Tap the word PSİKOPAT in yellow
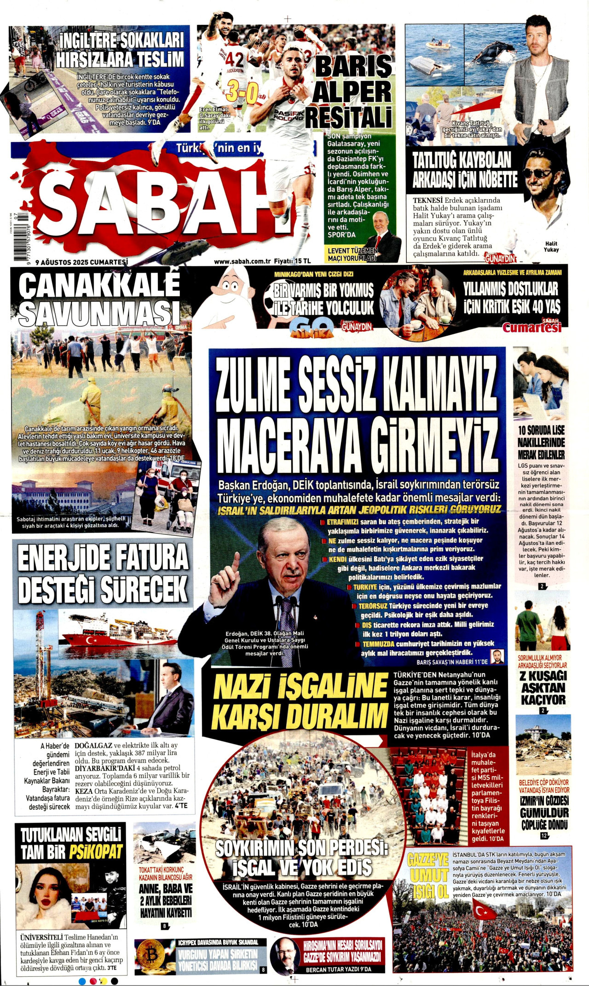(x=96, y=852)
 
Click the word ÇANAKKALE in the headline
(x=99, y=286)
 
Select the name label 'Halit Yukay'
(x=551, y=246)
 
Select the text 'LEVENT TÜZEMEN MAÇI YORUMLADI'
(x=352, y=254)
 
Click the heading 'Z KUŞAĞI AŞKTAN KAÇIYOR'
(x=543, y=688)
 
